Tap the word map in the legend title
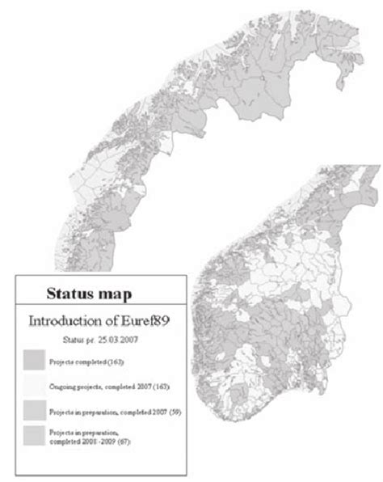118,290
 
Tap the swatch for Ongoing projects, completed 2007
33,384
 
